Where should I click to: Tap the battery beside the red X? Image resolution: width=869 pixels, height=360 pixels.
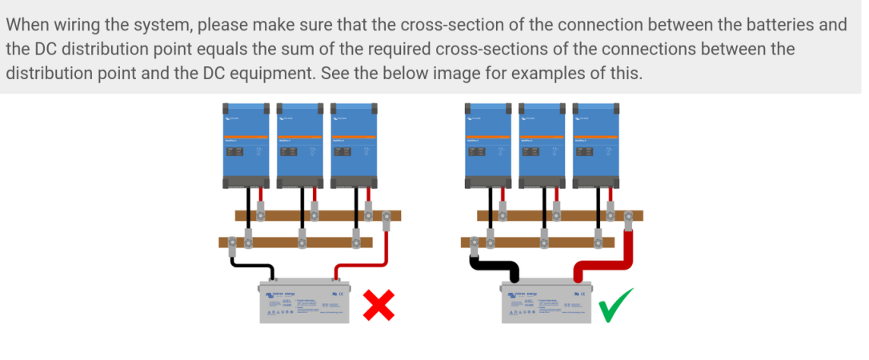pyautogui.click(x=304, y=302)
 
